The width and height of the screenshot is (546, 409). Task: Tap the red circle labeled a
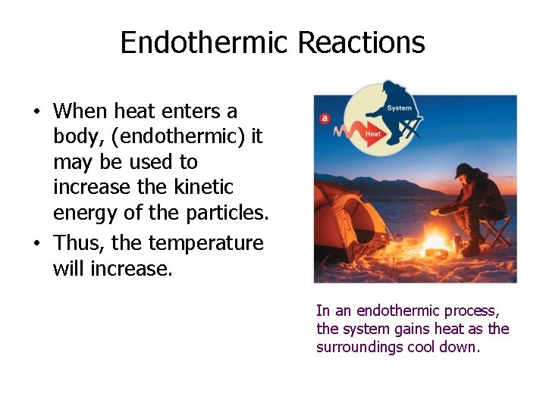tap(325, 117)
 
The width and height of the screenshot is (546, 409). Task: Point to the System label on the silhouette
tap(399, 108)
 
